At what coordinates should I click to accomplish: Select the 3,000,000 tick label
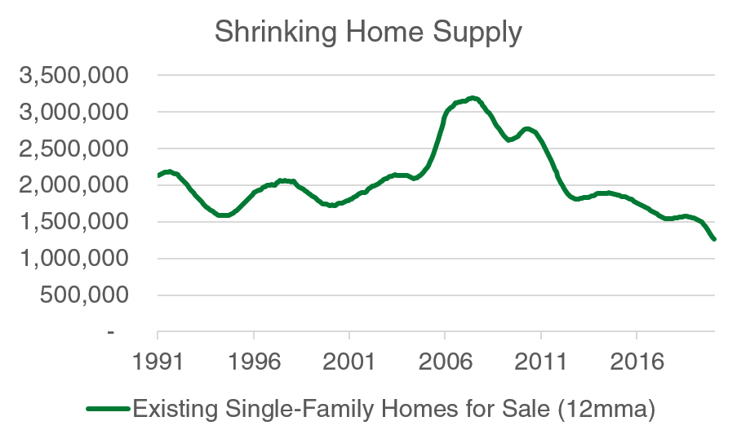pyautogui.click(x=73, y=113)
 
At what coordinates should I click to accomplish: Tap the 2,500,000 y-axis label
pyautogui.click(x=73, y=149)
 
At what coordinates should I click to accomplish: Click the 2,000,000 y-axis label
pyautogui.click(x=73, y=186)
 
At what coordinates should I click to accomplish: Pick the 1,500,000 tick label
pyautogui.click(x=73, y=223)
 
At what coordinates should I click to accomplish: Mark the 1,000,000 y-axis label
pyautogui.click(x=73, y=259)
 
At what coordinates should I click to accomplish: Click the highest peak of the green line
pyautogui.click(x=473, y=98)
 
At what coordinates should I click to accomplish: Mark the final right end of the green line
pyautogui.click(x=714, y=239)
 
